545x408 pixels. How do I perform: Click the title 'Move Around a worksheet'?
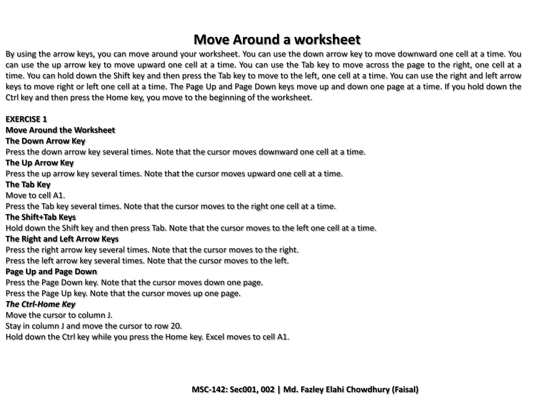coord(277,40)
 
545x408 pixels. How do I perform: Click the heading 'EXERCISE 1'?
coord(26,119)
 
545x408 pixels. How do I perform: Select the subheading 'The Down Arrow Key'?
coord(45,141)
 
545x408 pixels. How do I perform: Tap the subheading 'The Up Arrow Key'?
coord(39,163)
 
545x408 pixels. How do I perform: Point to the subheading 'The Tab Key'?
coord(28,185)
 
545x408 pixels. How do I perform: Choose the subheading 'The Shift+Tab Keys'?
coord(41,217)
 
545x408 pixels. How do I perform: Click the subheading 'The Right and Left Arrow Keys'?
coord(62,239)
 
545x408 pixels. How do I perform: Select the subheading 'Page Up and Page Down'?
coord(51,272)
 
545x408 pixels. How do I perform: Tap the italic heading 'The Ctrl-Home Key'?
coord(40,304)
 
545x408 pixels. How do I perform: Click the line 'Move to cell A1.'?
coord(35,195)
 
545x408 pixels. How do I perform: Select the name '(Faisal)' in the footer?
coord(405,390)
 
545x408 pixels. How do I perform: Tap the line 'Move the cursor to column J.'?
coord(59,315)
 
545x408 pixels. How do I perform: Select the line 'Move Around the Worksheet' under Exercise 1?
coord(60,130)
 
